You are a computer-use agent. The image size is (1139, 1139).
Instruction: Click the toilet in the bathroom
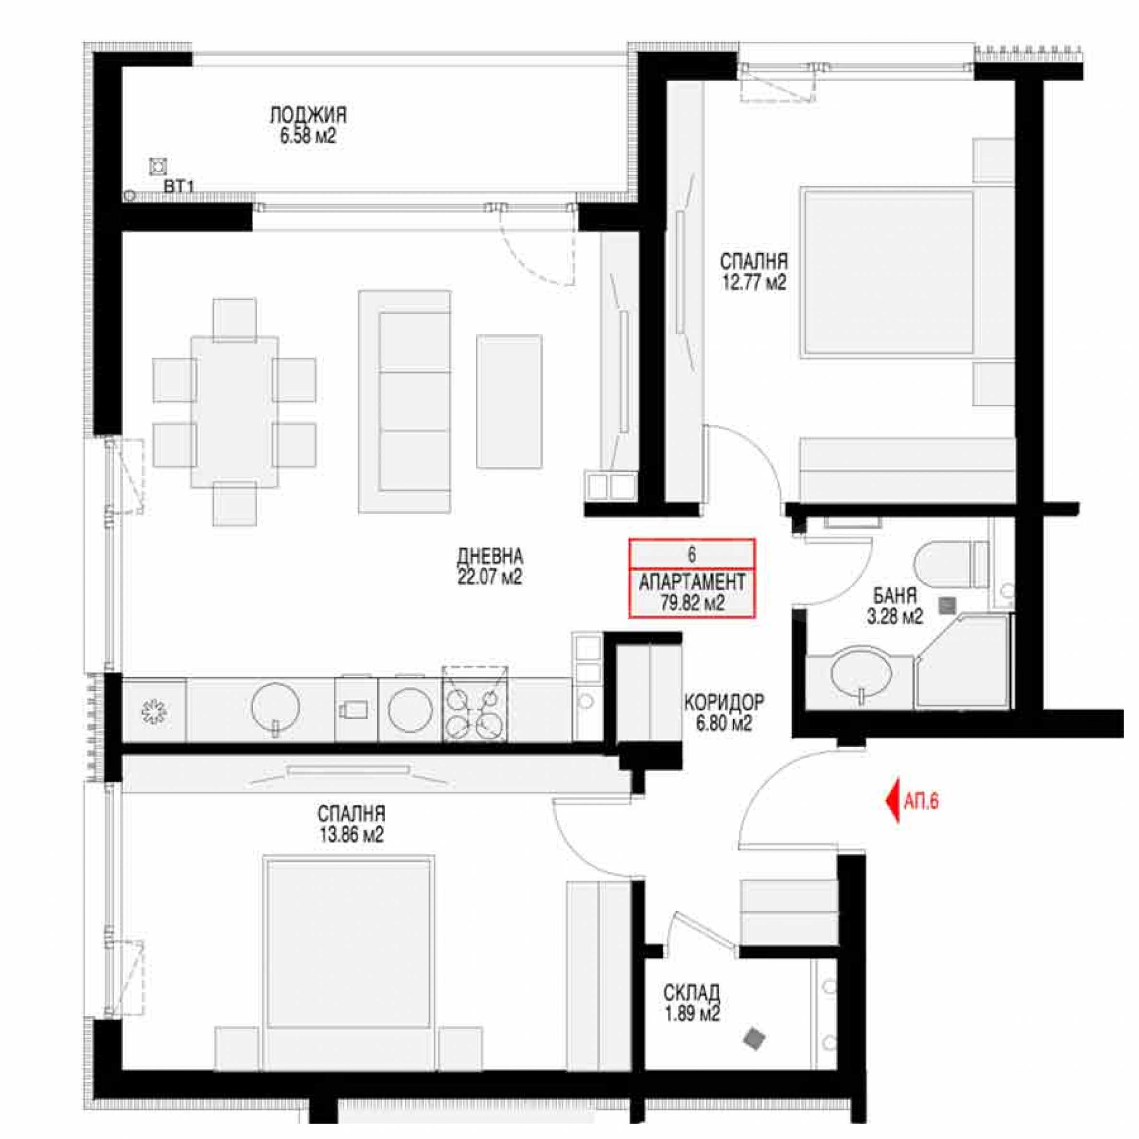951,565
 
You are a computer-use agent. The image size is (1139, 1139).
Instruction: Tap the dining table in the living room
234,411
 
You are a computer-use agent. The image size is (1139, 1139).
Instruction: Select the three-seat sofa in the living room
404,401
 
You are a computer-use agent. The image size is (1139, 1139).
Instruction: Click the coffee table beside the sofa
509,401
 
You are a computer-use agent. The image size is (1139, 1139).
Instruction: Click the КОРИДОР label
724,702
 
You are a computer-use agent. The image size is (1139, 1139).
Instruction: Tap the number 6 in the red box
692,554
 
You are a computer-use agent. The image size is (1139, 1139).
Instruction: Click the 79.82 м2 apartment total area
692,602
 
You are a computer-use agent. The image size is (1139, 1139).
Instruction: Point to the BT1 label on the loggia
179,188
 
